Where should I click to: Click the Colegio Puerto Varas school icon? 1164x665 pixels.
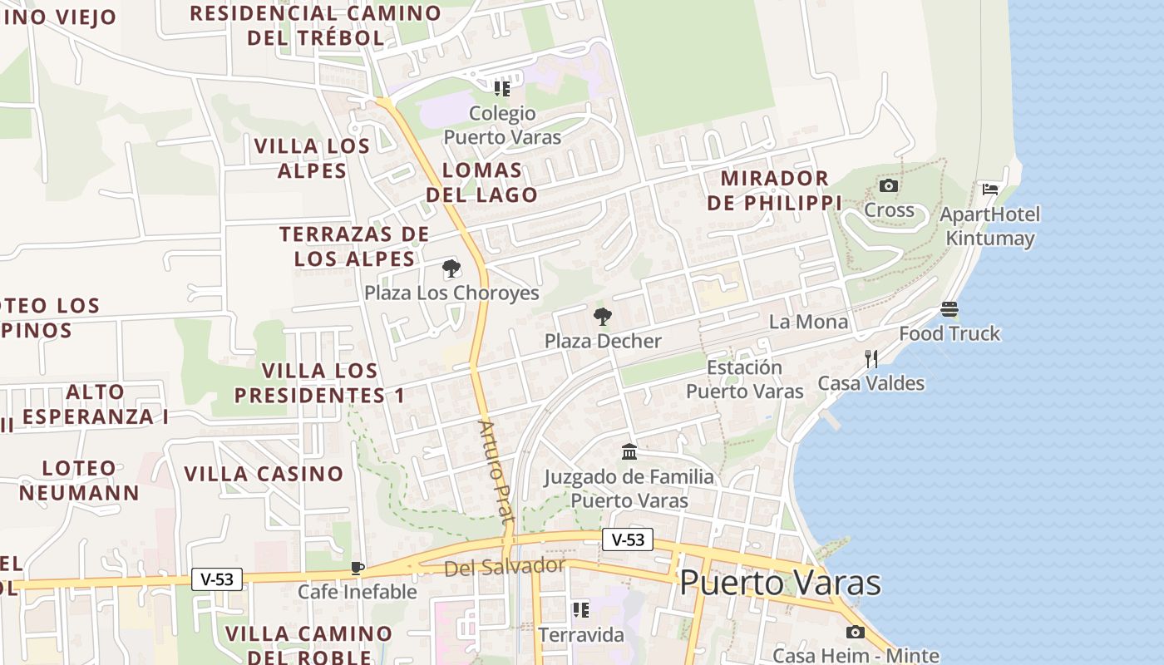(x=501, y=88)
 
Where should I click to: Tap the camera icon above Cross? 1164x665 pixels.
(x=889, y=185)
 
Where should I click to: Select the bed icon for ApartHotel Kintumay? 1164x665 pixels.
(x=989, y=190)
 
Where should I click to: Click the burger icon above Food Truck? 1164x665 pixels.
(x=949, y=309)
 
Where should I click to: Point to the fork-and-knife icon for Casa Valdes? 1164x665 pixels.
(x=871, y=359)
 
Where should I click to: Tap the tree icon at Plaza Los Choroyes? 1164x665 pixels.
(x=451, y=268)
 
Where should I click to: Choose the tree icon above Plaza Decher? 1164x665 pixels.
(x=603, y=316)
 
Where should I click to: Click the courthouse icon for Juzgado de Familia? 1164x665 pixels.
(x=629, y=452)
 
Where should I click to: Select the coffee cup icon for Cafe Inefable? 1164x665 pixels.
(x=358, y=568)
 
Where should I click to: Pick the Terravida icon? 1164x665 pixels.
(x=580, y=610)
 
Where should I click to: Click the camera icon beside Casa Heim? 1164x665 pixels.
(x=855, y=633)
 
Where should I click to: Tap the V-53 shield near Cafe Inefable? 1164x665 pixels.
(x=217, y=579)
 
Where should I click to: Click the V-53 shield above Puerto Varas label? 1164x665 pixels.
(x=628, y=539)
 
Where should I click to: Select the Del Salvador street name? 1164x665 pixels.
(x=504, y=568)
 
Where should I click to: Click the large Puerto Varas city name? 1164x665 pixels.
(x=780, y=583)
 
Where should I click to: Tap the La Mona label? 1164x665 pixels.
(x=808, y=322)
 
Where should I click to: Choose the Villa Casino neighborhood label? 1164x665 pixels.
(x=264, y=474)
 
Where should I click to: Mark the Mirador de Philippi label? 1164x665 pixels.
(x=775, y=190)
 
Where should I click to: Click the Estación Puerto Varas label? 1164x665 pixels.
(x=744, y=379)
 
